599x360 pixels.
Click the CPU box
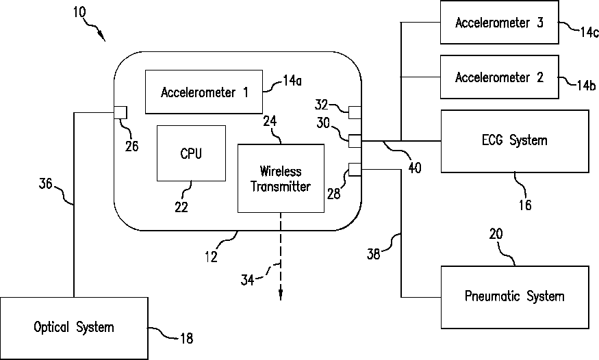pos(191,153)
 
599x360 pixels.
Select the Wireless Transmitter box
pos(281,178)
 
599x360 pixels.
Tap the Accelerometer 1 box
pos(204,92)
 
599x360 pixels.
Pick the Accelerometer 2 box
pos(499,77)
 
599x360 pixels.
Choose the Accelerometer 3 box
pos(499,22)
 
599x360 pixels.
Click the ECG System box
pos(515,141)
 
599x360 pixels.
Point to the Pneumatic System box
pos(515,298)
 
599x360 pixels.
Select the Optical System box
pos(74,329)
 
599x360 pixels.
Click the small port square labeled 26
pos(120,113)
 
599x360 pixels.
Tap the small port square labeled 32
pos(355,112)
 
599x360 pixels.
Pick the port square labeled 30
pos(355,141)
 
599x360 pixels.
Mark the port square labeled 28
pos(355,170)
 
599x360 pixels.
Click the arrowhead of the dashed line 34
pos(281,296)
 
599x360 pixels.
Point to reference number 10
pos(80,12)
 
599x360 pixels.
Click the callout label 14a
pos(292,81)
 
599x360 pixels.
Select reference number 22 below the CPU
pos(181,207)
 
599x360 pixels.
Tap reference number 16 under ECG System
pos(525,205)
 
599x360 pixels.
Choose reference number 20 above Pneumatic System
pos(496,233)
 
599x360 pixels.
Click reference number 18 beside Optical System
pos(186,338)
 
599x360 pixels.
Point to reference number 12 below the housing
pos(211,257)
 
